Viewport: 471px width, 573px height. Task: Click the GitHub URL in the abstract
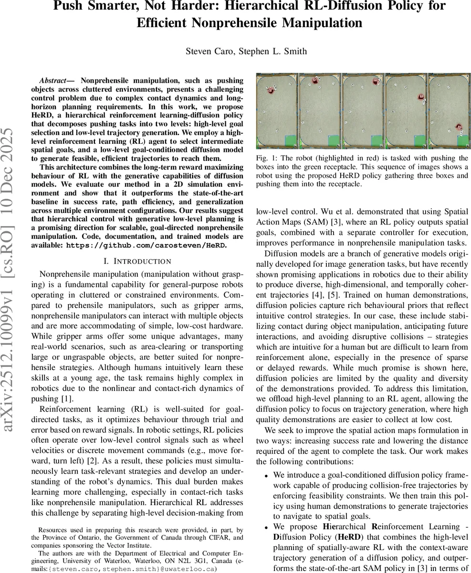click(x=146, y=245)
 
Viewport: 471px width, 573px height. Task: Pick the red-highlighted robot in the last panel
click(x=459, y=127)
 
